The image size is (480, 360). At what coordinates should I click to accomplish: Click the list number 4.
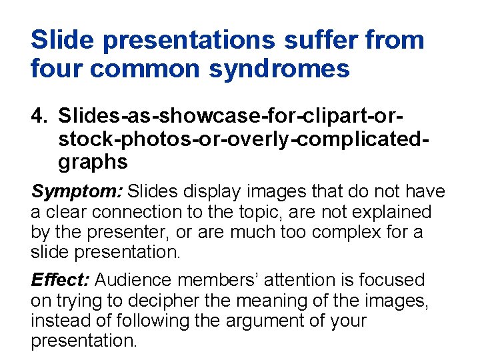coord(39,116)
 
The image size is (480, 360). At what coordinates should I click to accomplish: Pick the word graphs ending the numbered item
coord(93,162)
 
